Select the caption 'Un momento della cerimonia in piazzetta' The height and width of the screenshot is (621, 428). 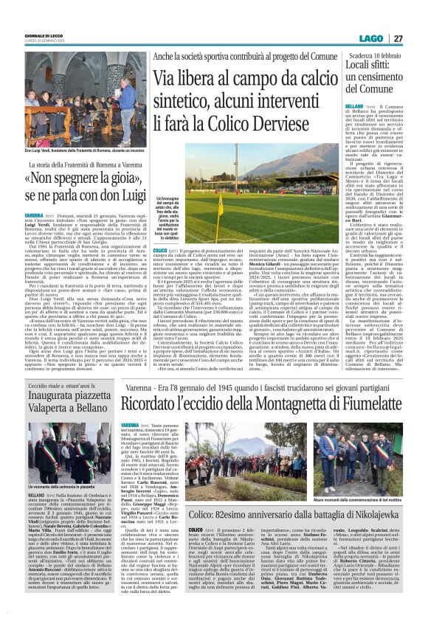[61, 488]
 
